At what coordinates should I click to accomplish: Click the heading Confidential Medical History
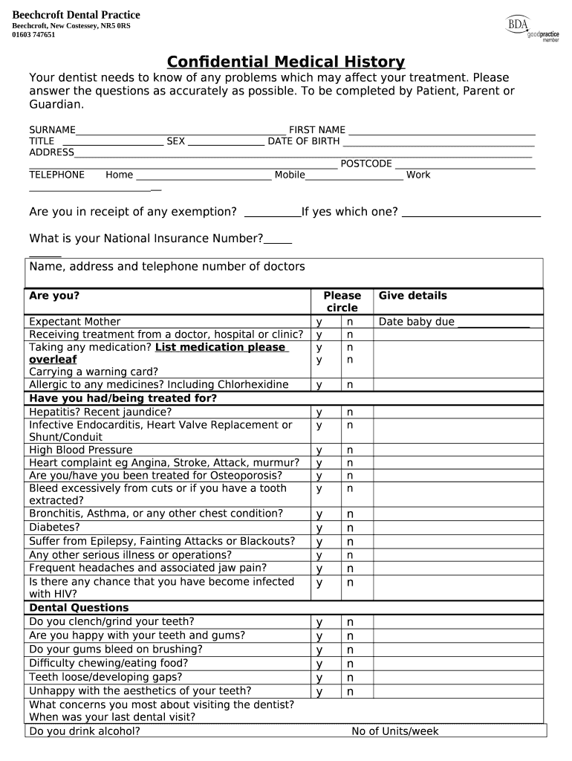286,62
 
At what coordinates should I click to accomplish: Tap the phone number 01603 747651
33,35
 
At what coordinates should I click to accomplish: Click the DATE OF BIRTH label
304,141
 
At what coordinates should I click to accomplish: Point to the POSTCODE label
366,163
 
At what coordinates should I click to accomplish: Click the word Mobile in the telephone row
290,175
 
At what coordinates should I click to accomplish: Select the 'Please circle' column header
342,302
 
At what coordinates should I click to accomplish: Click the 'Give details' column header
413,296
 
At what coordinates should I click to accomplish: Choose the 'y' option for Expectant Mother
319,322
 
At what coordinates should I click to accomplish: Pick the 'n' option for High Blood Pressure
349,450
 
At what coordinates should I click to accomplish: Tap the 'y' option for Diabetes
319,528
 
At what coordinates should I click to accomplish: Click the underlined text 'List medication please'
221,348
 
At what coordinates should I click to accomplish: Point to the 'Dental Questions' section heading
79,608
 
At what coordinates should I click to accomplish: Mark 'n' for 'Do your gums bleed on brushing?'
349,650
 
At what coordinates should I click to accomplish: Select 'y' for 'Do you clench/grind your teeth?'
319,622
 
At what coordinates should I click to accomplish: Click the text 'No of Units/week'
395,731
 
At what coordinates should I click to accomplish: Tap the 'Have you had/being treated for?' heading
123,398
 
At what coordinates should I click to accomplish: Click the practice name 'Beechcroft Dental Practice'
77,16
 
